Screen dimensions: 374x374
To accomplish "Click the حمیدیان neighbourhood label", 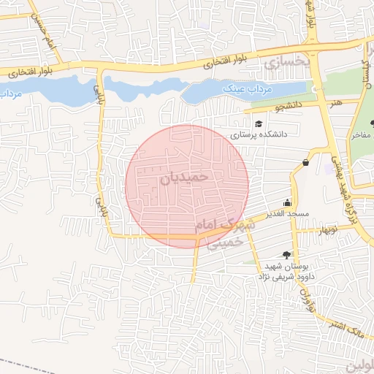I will pyautogui.click(x=184, y=176).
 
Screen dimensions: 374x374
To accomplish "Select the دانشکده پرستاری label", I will pyautogui.click(x=259, y=135).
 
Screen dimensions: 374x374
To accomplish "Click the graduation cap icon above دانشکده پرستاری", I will pyautogui.click(x=259, y=123).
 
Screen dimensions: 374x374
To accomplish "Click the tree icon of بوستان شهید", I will pyautogui.click(x=286, y=256).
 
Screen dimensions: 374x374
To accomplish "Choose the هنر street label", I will pyautogui.click(x=335, y=104).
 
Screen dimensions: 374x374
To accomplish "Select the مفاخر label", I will pyautogui.click(x=361, y=135).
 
